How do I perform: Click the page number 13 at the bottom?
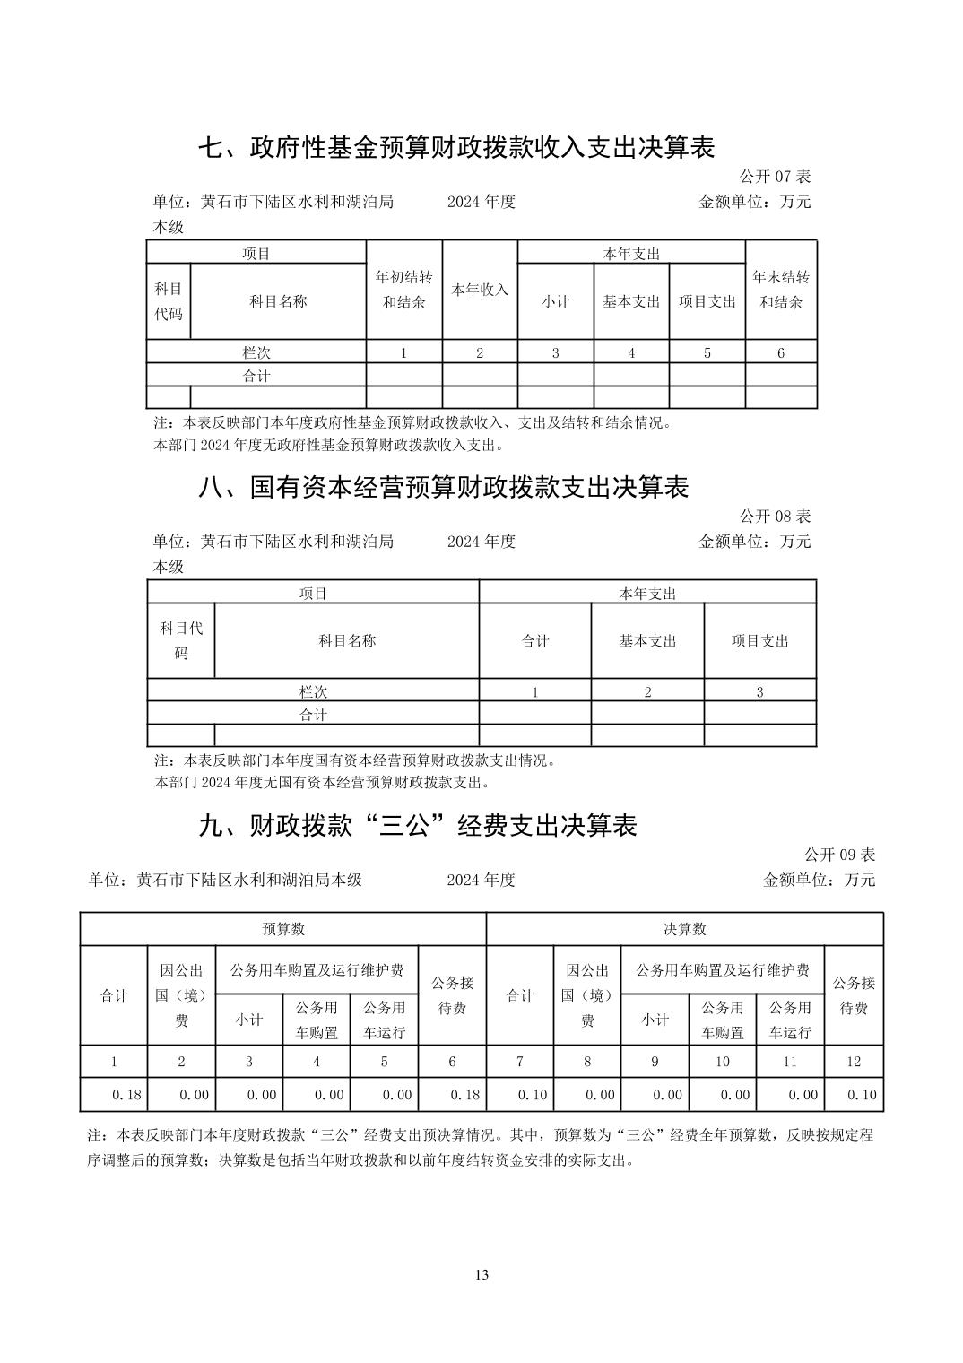(x=481, y=1275)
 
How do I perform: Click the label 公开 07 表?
(x=775, y=177)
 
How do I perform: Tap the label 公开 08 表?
(x=775, y=517)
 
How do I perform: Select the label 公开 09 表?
(x=839, y=855)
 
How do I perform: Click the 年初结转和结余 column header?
(x=403, y=290)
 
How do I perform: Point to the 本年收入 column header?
(x=480, y=290)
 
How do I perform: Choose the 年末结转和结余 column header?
(x=781, y=290)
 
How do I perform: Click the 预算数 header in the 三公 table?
(x=283, y=929)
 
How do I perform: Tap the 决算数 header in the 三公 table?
(x=685, y=929)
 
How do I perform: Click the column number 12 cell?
(x=854, y=1062)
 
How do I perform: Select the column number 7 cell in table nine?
(x=520, y=1062)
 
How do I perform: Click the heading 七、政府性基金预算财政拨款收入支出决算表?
(x=456, y=147)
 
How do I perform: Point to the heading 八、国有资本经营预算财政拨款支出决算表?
(x=443, y=487)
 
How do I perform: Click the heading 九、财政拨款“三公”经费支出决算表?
(x=417, y=825)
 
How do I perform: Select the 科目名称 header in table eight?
(x=347, y=640)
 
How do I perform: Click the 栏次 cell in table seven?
(x=256, y=352)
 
